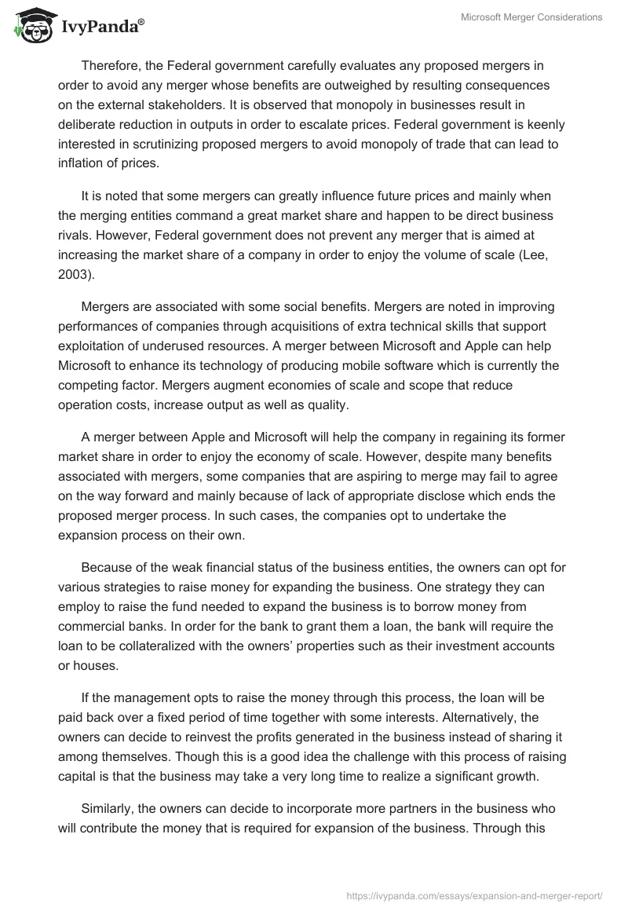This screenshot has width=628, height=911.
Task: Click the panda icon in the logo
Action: coord(31,27)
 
